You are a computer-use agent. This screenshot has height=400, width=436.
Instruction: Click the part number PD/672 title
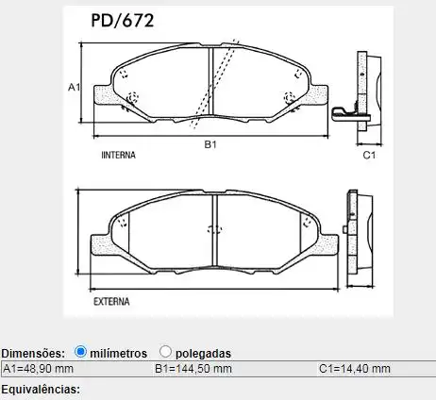(125, 19)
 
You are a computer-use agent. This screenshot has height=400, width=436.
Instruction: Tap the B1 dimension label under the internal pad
(211, 144)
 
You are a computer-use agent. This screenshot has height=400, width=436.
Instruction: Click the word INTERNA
(119, 152)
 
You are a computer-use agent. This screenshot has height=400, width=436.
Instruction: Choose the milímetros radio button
(81, 352)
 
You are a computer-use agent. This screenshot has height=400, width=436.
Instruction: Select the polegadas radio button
(165, 352)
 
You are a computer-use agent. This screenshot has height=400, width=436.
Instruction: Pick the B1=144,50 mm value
(193, 368)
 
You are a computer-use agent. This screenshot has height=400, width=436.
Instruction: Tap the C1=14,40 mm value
(354, 368)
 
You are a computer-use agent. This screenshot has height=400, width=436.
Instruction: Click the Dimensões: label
(34, 353)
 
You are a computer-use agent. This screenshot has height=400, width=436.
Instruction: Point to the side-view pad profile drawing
(365, 92)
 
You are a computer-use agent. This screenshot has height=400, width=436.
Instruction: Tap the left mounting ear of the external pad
(97, 245)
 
